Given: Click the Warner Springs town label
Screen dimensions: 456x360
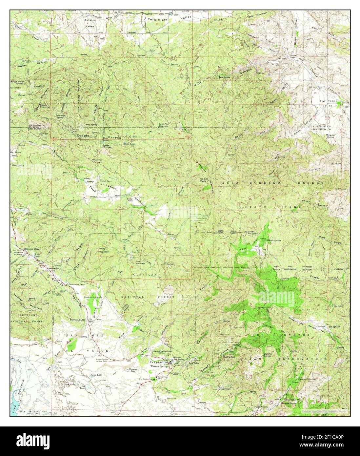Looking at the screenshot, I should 159,366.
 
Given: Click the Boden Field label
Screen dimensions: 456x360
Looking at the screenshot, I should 127,199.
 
